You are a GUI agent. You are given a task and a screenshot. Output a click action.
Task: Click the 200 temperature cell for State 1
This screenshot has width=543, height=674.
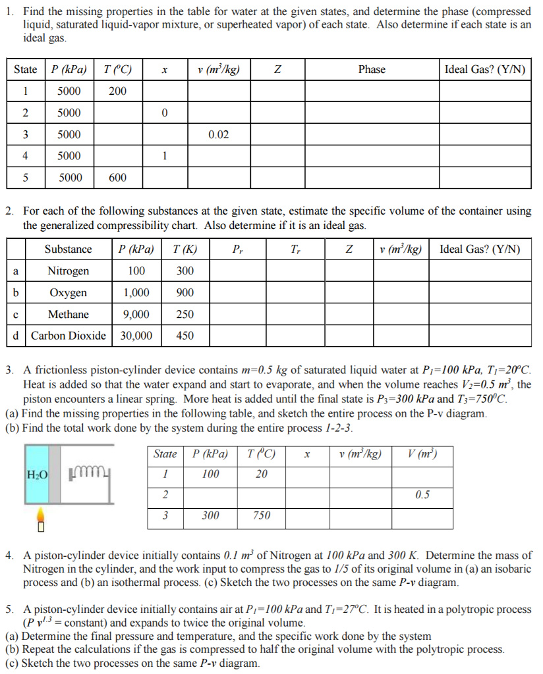[x=117, y=91]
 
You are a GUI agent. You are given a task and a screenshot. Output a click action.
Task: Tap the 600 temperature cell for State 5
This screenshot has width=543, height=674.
[x=117, y=178]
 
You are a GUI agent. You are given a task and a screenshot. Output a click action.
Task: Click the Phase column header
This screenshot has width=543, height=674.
[x=372, y=70]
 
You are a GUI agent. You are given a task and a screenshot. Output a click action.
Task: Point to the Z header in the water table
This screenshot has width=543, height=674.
[x=277, y=70]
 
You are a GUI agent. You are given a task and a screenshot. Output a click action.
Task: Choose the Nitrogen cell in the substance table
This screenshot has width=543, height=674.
[x=68, y=271]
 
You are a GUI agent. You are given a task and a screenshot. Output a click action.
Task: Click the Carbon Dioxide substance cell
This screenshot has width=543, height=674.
[x=68, y=336]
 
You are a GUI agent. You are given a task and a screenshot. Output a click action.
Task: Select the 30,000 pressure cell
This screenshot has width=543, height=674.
[x=136, y=336]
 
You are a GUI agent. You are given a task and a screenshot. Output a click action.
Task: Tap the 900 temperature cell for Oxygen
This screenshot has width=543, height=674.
[x=185, y=293]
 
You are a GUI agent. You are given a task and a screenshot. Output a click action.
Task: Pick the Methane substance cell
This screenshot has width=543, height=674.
[x=68, y=315]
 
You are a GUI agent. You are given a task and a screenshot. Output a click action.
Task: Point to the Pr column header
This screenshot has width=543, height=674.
[x=237, y=249]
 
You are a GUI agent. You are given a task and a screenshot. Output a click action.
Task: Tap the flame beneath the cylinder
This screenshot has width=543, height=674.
[x=40, y=517]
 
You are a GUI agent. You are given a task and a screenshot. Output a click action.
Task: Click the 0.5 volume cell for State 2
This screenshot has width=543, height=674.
[x=422, y=495]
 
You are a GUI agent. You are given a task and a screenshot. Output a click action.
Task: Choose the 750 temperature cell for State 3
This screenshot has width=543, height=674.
[x=262, y=516]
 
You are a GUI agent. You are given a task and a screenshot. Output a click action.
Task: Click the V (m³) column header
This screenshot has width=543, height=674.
[x=422, y=455]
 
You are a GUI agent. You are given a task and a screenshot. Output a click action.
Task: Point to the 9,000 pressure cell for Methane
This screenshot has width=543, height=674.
[x=136, y=315]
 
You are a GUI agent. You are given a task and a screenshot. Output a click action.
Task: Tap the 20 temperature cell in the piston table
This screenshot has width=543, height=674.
[x=262, y=475]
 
